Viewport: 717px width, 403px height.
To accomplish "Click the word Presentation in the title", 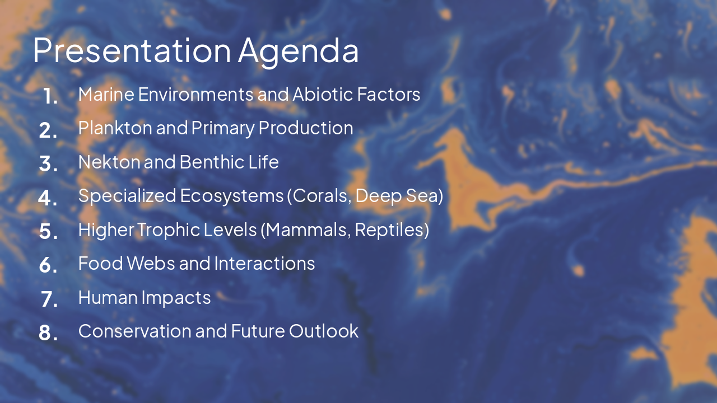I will (x=132, y=50).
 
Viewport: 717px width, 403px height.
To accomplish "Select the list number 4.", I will (x=48, y=198).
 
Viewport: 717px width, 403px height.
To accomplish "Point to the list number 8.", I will (x=49, y=333).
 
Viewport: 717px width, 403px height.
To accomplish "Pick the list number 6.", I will (x=49, y=265).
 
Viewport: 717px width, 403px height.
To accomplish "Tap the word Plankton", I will (x=115, y=128).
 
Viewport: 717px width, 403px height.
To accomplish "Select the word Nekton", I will (x=109, y=162).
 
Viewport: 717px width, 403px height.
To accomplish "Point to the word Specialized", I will (x=127, y=196).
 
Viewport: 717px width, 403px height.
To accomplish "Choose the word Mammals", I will (x=308, y=229).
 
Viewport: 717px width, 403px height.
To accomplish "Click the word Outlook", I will (x=323, y=331).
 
